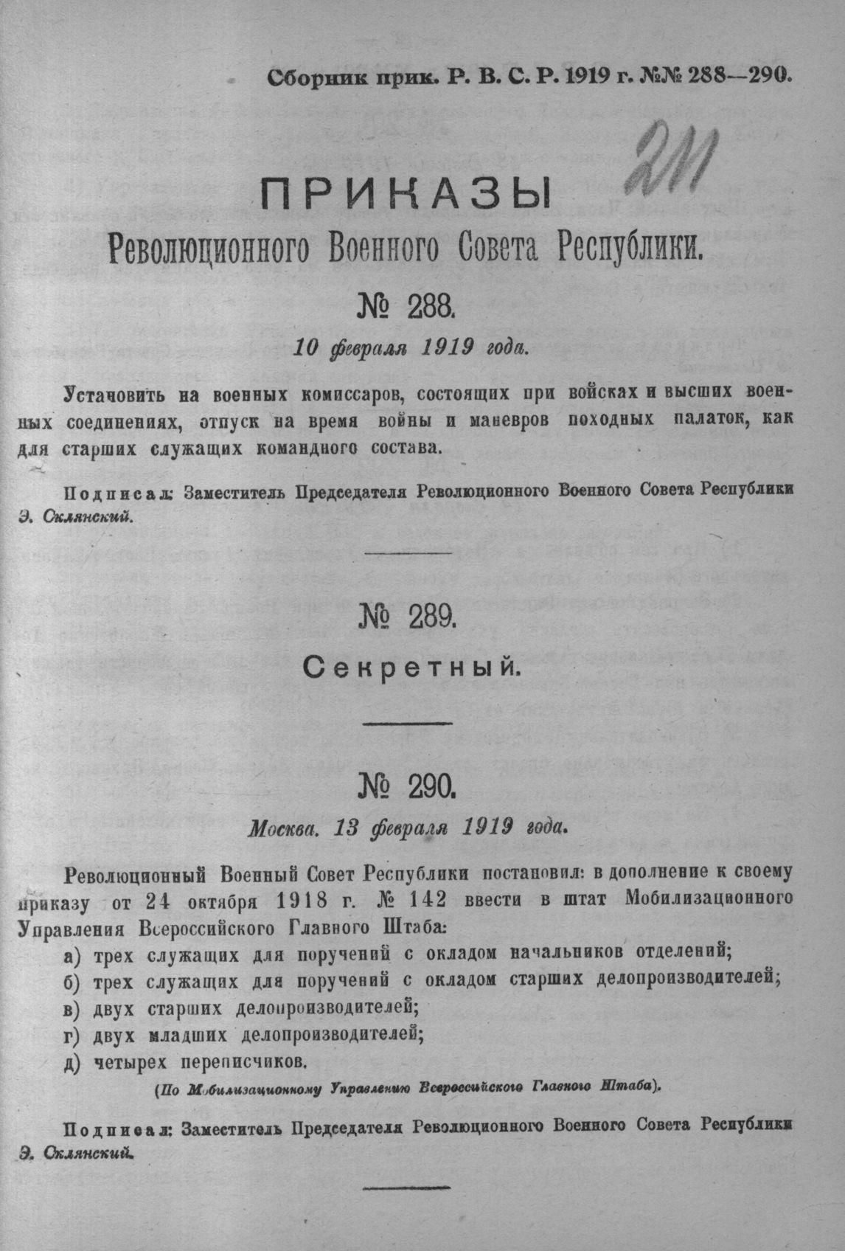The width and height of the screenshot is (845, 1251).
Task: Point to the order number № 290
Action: tap(408, 791)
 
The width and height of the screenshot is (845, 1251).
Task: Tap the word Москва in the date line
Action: tap(283, 828)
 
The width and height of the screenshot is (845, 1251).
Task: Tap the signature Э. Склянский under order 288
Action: tap(76, 516)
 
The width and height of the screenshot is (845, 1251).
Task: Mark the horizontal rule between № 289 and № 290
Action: tap(409, 722)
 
